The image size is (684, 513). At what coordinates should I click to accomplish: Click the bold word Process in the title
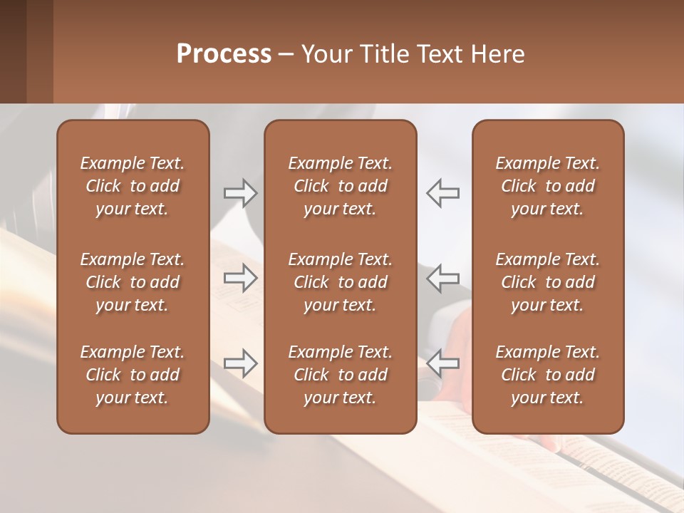click(x=224, y=54)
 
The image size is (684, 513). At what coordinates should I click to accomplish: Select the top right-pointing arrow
click(x=240, y=193)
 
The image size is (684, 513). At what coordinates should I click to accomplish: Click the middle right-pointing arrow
click(x=240, y=278)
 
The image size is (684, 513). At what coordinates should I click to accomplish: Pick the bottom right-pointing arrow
click(x=240, y=363)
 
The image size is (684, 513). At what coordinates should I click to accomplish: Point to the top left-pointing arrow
click(x=443, y=193)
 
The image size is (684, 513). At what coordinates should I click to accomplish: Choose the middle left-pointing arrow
click(x=443, y=278)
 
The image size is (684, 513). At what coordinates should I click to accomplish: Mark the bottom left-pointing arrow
click(x=443, y=363)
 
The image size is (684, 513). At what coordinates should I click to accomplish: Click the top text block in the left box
click(x=133, y=186)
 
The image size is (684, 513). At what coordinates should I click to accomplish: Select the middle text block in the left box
click(x=133, y=282)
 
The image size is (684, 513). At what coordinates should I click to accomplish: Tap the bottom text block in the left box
click(x=133, y=375)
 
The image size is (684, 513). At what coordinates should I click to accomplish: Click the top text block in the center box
click(x=340, y=186)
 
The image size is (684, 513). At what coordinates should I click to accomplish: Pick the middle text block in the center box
click(x=340, y=282)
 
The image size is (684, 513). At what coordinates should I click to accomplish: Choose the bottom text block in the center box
click(x=340, y=375)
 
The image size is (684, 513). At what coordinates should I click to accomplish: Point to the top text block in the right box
click(x=547, y=186)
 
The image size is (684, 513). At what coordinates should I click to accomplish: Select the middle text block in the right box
click(x=547, y=282)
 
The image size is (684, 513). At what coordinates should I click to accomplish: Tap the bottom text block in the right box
click(x=547, y=375)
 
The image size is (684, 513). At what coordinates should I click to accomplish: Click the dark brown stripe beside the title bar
click(x=13, y=51)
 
